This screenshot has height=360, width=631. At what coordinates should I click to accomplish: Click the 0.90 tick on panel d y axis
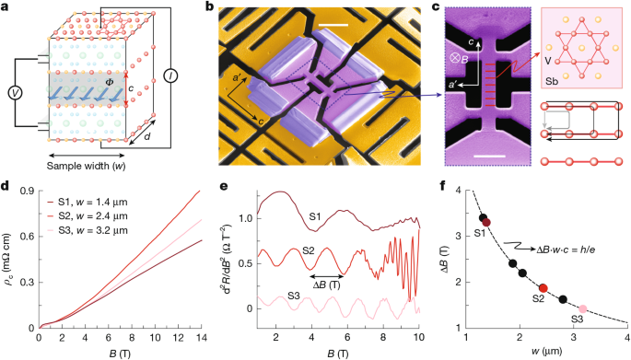click(x=23, y=191)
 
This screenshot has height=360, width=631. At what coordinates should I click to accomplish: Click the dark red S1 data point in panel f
click(x=485, y=222)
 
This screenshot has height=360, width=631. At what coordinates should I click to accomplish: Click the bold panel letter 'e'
click(x=218, y=185)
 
